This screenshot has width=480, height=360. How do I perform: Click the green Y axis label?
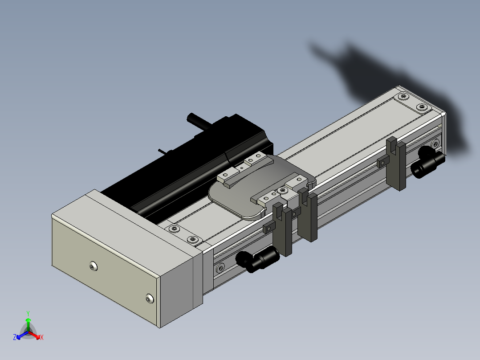(x=28, y=313)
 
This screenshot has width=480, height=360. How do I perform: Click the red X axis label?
(x=42, y=337)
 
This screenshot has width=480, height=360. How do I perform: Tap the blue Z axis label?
(x=15, y=337)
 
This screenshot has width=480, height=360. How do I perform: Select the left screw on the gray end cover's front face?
(x=94, y=266)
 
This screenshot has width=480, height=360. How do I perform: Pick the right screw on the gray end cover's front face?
(x=150, y=299)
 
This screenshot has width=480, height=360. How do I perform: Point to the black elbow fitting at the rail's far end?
(x=427, y=161)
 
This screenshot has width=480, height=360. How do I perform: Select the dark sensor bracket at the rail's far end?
(x=396, y=164)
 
